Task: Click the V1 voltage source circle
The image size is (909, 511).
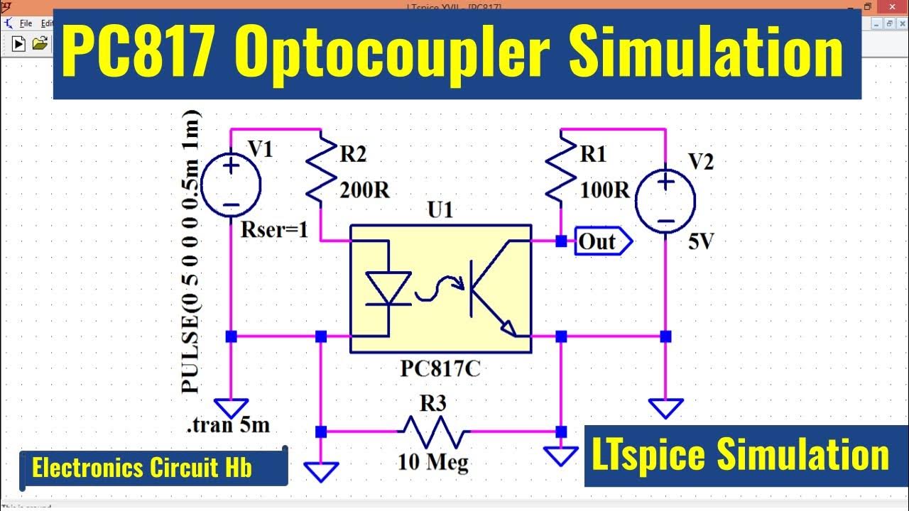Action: click(x=232, y=186)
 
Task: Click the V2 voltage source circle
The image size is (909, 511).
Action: click(x=665, y=200)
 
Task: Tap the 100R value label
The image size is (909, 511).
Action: click(x=605, y=190)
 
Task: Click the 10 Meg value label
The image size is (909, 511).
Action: click(x=433, y=463)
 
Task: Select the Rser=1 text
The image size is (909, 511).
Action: click(x=275, y=230)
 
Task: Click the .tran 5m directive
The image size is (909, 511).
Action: click(x=228, y=426)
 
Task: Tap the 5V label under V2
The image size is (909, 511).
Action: click(x=701, y=242)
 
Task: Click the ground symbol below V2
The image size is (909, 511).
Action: click(x=665, y=408)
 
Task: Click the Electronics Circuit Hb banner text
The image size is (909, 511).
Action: click(x=142, y=468)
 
